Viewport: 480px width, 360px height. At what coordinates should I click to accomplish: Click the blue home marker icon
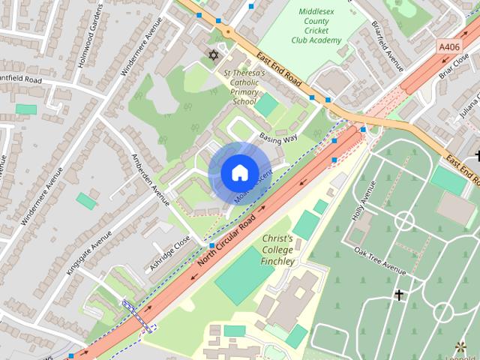(238, 172)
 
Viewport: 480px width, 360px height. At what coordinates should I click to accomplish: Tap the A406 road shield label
(450, 46)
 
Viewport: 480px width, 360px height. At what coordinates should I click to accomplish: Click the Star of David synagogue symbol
(213, 55)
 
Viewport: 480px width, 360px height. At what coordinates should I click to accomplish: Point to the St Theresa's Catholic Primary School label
(244, 87)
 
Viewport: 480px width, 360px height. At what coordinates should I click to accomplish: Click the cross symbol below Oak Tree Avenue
(399, 295)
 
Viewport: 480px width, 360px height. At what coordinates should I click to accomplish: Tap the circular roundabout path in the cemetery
(404, 220)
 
